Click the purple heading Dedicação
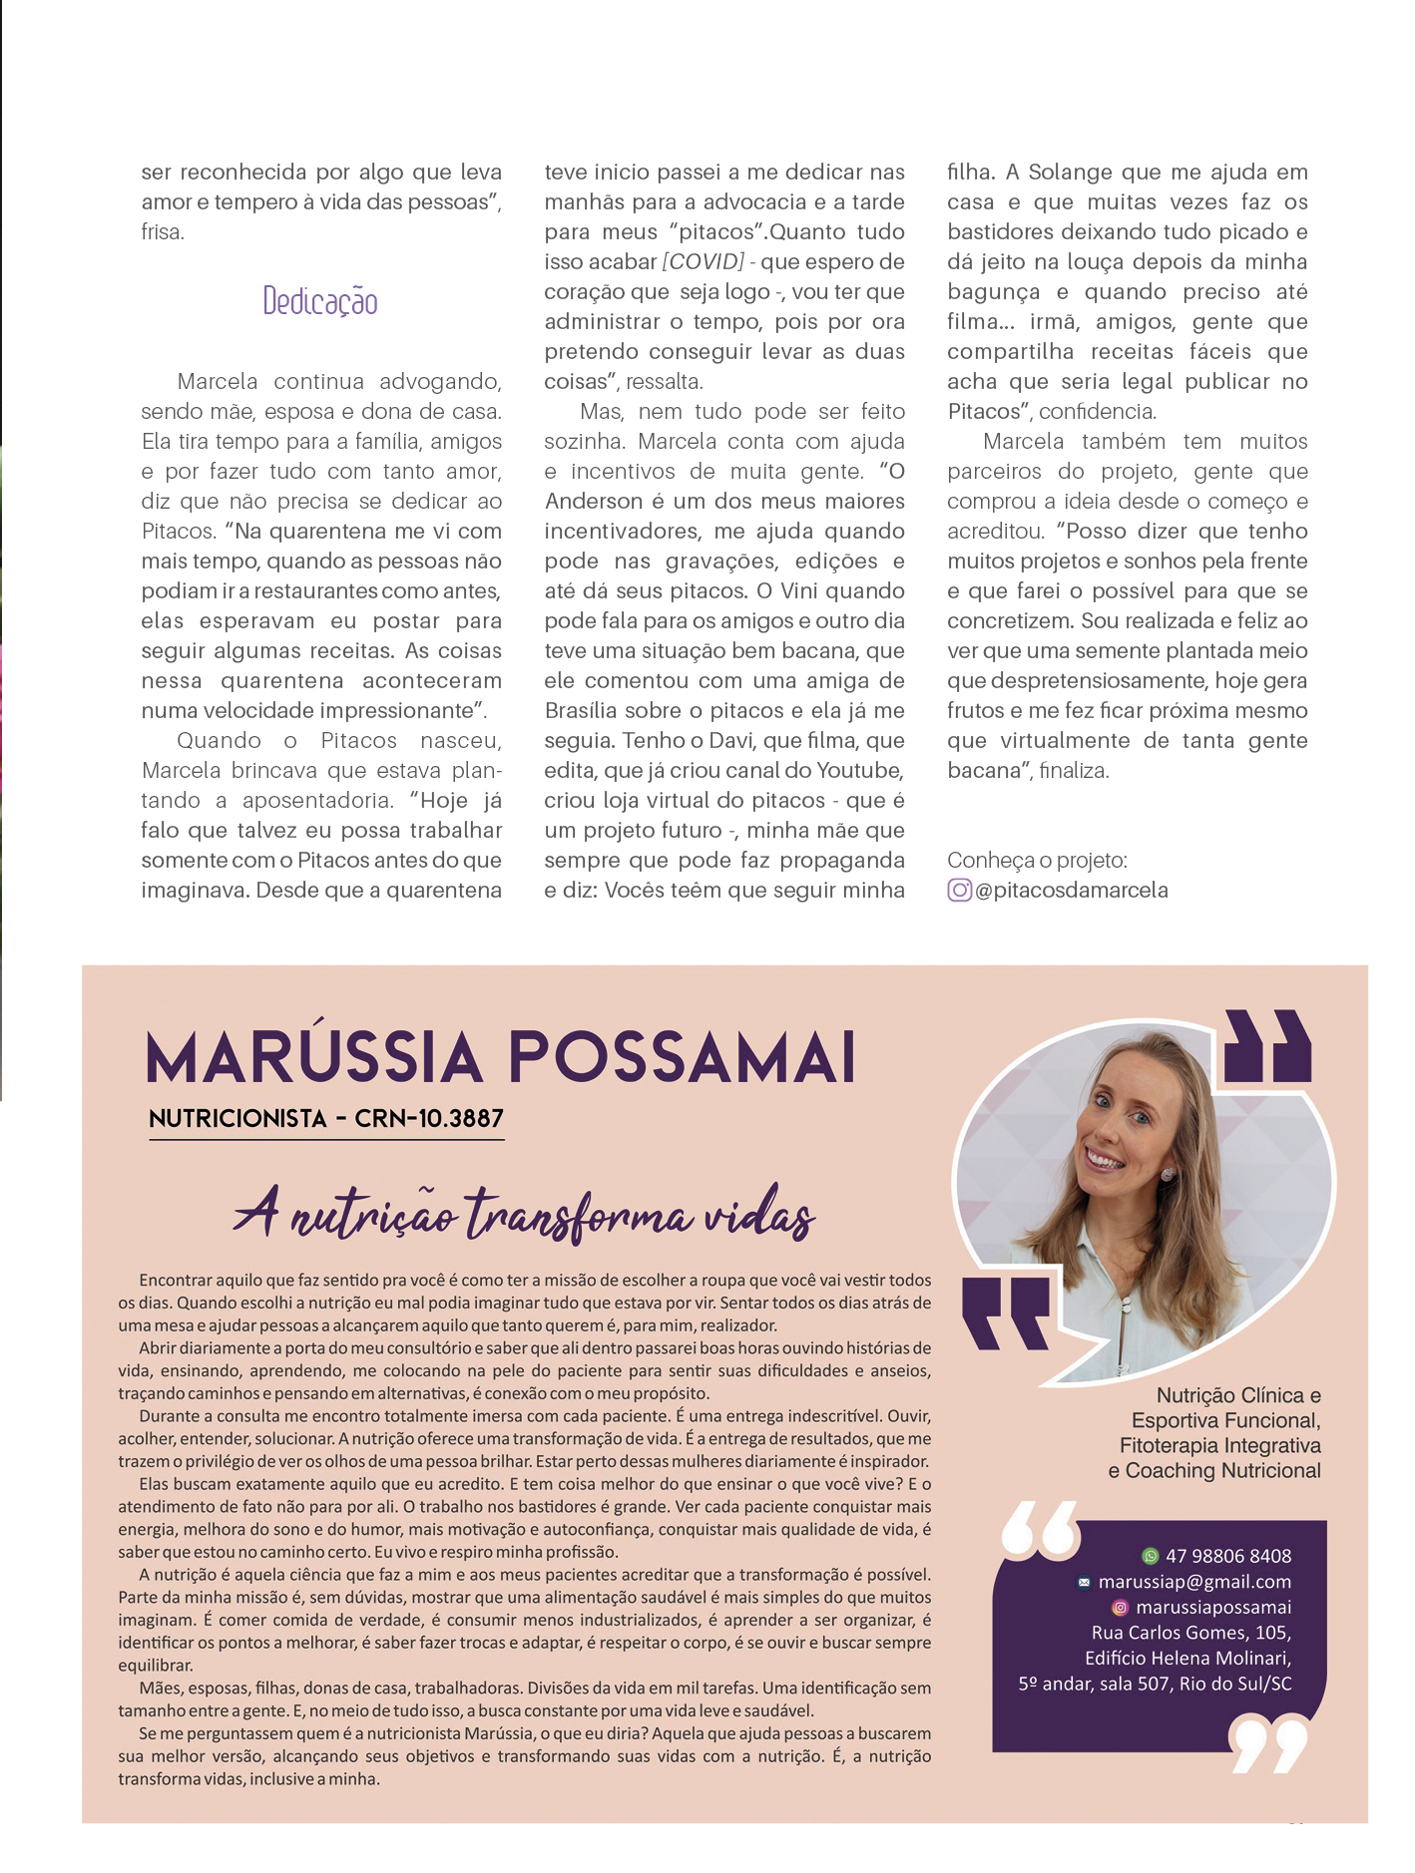pos(320,301)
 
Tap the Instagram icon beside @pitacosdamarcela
pos(959,890)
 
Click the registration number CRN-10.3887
pos(429,1119)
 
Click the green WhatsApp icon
pos(1151,1556)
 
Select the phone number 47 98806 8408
pos(1228,1556)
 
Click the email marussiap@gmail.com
pos(1194,1582)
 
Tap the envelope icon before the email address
pos(1084,1583)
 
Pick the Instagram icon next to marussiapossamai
pos(1120,1608)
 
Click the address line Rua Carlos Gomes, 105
pos(1191,1633)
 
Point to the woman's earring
pos(1168,1174)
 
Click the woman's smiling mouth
pos(1105,1159)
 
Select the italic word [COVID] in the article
pos(704,261)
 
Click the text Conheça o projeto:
pos(1037,860)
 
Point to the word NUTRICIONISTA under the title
pos(237,1119)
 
